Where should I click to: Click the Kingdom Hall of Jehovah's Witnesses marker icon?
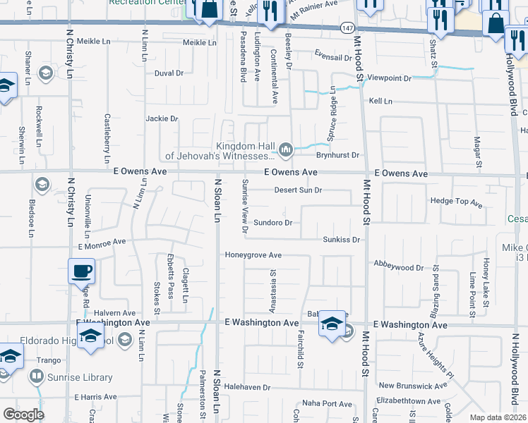pos(286,149)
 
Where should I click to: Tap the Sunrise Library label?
pos(78,378)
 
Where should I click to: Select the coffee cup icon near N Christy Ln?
pos(81,271)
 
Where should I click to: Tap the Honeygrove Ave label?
pos(253,255)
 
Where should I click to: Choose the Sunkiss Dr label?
pos(341,240)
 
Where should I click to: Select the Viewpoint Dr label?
pos(389,78)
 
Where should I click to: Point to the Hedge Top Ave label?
pos(456,203)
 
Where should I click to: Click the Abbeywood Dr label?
pos(399,267)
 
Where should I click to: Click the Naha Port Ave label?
pos(327,404)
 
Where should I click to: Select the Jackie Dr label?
pos(162,119)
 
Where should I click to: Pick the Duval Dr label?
pos(169,73)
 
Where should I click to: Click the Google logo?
pos(23,415)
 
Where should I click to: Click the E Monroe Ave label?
pos(102,244)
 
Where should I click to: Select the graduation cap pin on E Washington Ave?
pos(331,325)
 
